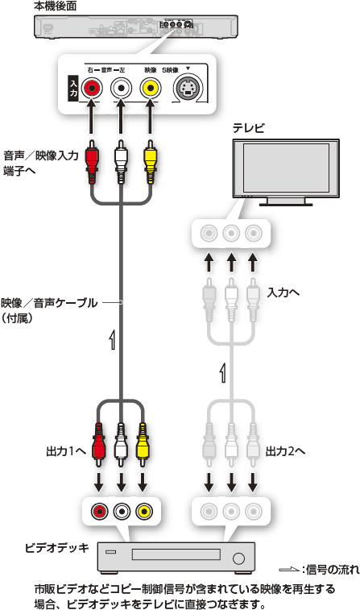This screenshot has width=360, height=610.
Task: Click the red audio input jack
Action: (x=92, y=89)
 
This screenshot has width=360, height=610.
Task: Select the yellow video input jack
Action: (x=151, y=89)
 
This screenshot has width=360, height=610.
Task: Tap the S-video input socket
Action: (x=188, y=89)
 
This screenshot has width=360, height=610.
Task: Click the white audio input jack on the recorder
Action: (x=122, y=89)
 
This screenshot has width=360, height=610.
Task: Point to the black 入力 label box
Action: (x=73, y=89)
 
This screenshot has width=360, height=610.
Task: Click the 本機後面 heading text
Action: (x=55, y=6)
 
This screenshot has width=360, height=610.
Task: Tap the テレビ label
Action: (x=248, y=128)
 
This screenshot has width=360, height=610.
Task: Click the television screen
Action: (x=286, y=168)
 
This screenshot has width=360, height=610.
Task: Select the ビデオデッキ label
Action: (x=56, y=548)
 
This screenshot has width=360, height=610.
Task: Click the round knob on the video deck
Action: (x=238, y=558)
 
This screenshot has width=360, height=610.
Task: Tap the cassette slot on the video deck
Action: (x=176, y=554)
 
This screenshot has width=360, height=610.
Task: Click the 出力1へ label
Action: (x=66, y=451)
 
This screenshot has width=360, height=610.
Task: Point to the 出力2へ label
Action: (x=285, y=451)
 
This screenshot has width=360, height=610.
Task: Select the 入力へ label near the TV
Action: (x=283, y=293)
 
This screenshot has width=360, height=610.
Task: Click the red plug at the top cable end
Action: (x=92, y=162)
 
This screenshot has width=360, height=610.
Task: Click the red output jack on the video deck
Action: (x=100, y=510)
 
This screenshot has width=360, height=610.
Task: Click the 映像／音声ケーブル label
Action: (x=49, y=302)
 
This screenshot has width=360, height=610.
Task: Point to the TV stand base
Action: (x=286, y=203)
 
